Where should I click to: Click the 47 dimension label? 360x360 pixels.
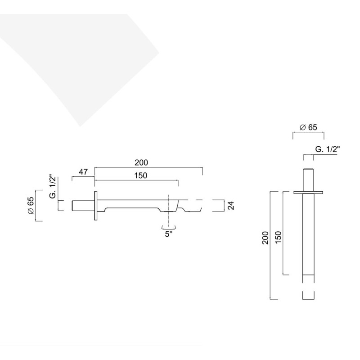click(83, 172)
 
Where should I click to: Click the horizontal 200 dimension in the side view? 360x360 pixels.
click(141, 162)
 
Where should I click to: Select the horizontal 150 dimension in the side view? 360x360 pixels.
click(140, 175)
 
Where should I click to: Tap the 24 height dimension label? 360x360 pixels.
click(231, 206)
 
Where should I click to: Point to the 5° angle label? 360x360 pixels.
click(168, 234)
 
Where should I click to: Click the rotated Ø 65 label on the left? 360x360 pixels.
click(31, 206)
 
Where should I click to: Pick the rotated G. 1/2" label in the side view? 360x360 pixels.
click(53, 187)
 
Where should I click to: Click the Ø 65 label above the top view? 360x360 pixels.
click(308, 127)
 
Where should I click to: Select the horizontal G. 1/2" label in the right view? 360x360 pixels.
click(328, 149)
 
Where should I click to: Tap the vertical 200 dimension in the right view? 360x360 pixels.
click(265, 238)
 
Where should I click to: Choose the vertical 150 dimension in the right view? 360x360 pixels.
click(278, 238)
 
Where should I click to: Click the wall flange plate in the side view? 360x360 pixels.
click(96, 206)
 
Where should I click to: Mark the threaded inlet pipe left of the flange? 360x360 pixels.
click(83, 206)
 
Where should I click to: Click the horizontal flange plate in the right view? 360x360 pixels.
click(308, 193)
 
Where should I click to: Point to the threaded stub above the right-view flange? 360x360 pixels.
click(308, 180)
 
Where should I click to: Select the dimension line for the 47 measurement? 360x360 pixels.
click(83, 176)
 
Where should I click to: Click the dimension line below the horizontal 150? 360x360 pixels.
click(136, 180)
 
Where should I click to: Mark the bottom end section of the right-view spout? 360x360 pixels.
click(308, 296)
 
